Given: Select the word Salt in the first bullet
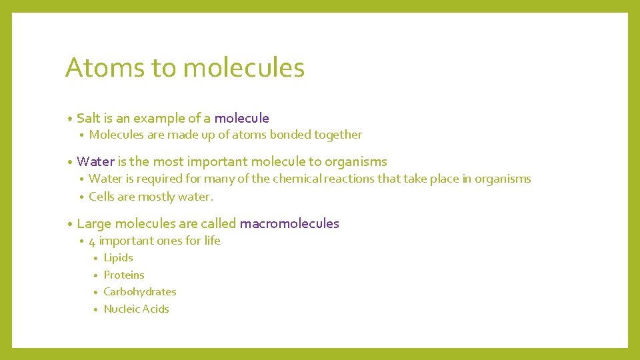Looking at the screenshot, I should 88,119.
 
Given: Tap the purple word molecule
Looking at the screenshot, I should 241,119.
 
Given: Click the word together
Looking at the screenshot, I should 338,135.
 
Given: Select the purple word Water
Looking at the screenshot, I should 96,162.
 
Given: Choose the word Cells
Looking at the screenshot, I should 102,196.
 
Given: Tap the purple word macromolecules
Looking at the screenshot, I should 289,224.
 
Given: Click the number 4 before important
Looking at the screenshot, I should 92,241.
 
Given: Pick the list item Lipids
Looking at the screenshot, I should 118,258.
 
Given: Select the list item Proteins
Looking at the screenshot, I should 123,275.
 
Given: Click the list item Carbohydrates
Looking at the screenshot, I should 140,292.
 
